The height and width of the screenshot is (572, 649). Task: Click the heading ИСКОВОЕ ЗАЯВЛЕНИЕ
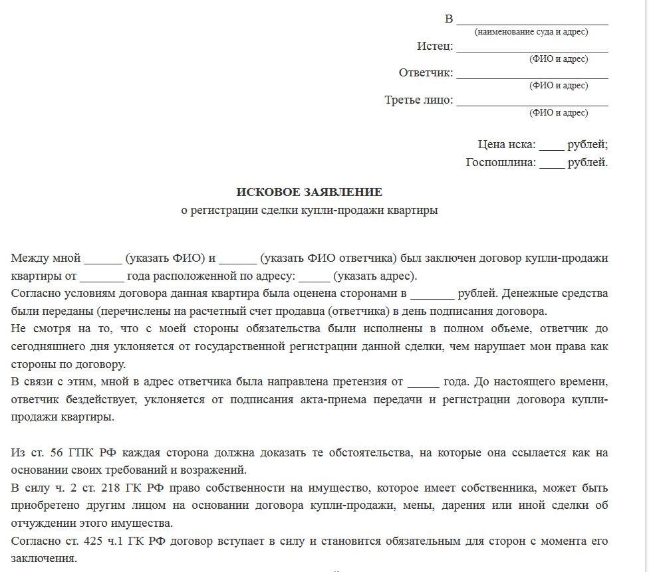click(x=309, y=192)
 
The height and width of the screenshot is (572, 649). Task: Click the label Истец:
click(x=435, y=46)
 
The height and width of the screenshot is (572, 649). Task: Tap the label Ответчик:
click(x=426, y=72)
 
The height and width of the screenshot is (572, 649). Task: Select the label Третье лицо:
click(x=419, y=100)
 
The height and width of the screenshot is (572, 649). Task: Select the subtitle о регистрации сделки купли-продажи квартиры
click(x=309, y=211)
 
